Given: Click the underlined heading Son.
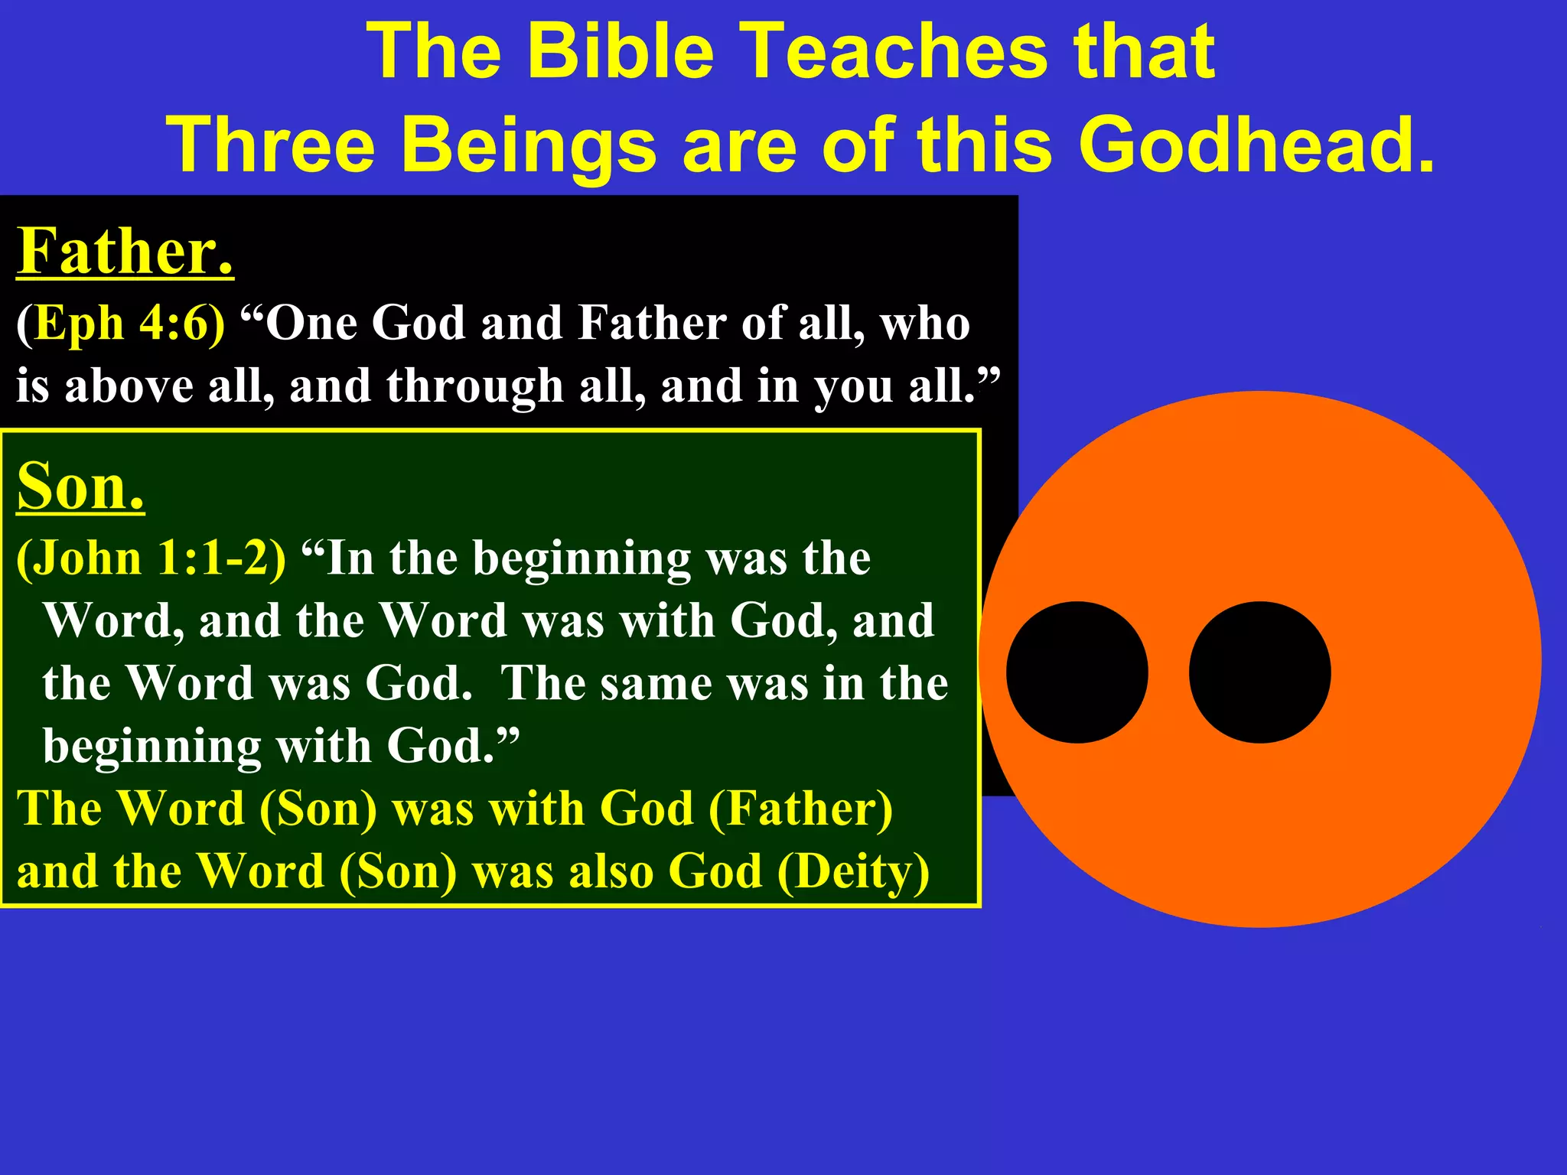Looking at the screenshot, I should [80, 487].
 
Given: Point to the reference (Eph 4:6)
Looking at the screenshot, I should [120, 323].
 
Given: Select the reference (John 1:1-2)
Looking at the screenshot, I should [151, 558].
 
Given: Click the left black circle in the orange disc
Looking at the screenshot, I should [1077, 672].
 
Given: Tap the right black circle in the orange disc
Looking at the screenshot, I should [1259, 672].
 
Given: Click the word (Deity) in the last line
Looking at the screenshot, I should [853, 871].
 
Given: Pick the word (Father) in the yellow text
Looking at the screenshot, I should [800, 809].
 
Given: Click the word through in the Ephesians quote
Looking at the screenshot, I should [474, 386].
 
